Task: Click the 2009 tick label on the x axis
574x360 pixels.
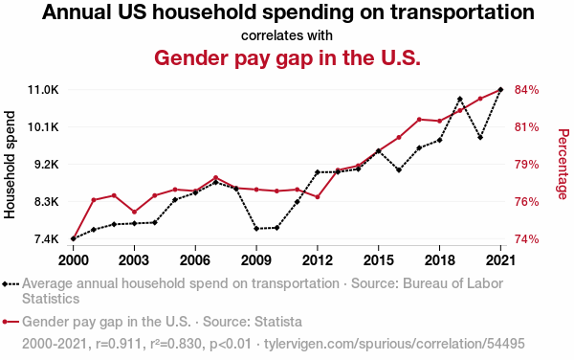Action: coord(256,260)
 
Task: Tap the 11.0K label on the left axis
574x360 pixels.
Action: coord(43,90)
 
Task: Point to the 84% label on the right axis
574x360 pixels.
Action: coord(527,90)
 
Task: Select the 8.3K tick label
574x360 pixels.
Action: coord(46,202)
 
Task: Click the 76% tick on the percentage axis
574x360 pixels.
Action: coord(527,202)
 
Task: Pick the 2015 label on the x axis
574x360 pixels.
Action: coord(379,260)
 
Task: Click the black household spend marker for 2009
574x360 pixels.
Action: coord(256,229)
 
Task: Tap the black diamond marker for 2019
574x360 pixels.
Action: coord(460,99)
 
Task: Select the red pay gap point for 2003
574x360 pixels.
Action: coord(134,212)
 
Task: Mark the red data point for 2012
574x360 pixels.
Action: coord(318,196)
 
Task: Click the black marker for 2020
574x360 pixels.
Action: coord(480,137)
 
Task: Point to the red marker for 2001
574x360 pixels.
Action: coord(94,199)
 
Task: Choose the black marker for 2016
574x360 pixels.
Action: coord(399,169)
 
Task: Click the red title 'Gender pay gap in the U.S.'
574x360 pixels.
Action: coord(287,57)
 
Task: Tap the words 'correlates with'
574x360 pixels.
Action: coord(287,35)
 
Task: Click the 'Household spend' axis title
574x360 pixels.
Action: coord(10,165)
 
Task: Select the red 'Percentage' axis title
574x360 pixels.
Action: coord(563,164)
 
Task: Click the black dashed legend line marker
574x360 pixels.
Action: coord(11,283)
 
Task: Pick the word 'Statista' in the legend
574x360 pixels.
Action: coord(278,322)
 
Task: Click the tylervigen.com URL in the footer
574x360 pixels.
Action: coord(394,344)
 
